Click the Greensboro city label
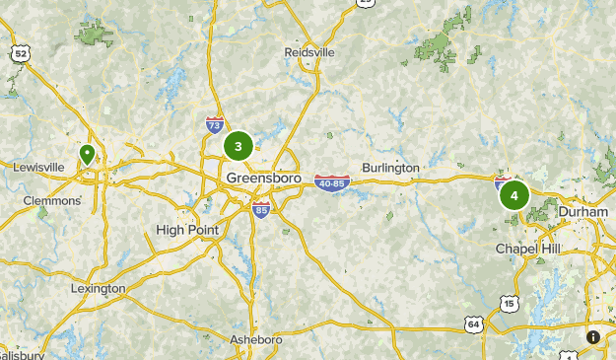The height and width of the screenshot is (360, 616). [263, 178]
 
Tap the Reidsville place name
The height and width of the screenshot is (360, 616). [309, 51]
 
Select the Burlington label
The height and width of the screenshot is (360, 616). [390, 168]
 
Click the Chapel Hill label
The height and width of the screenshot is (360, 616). [527, 249]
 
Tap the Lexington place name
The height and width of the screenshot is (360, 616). [98, 288]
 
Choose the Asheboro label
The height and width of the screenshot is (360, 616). [255, 339]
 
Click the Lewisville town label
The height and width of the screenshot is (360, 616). [38, 167]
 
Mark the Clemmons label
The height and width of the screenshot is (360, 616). [52, 200]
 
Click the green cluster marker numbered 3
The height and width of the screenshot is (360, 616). [238, 146]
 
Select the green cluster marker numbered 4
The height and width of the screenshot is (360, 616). [513, 195]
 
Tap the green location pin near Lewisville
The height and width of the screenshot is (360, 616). [87, 154]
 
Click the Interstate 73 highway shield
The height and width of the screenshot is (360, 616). [214, 125]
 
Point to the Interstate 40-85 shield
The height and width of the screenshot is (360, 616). [333, 182]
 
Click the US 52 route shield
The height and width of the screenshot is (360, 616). [20, 52]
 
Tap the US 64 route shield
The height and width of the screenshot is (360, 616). [474, 323]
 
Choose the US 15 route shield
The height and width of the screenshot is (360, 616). [508, 303]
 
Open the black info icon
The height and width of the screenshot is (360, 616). [593, 336]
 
